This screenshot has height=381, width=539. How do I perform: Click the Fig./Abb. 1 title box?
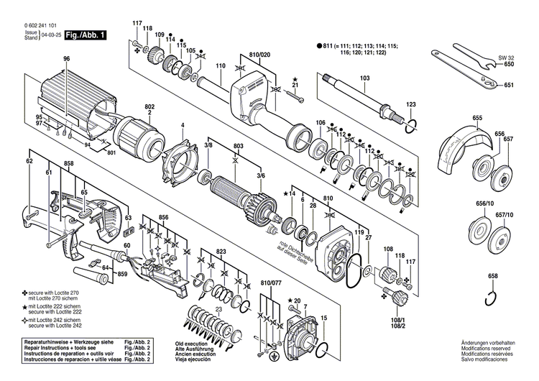tap(83, 35)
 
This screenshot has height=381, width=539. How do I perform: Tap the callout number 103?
tap(364, 77)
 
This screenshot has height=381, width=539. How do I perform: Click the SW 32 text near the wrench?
tap(507, 55)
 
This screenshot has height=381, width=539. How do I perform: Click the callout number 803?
tap(236, 146)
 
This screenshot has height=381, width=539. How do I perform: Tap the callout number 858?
tap(68, 165)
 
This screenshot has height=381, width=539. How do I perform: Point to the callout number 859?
tap(122, 275)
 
